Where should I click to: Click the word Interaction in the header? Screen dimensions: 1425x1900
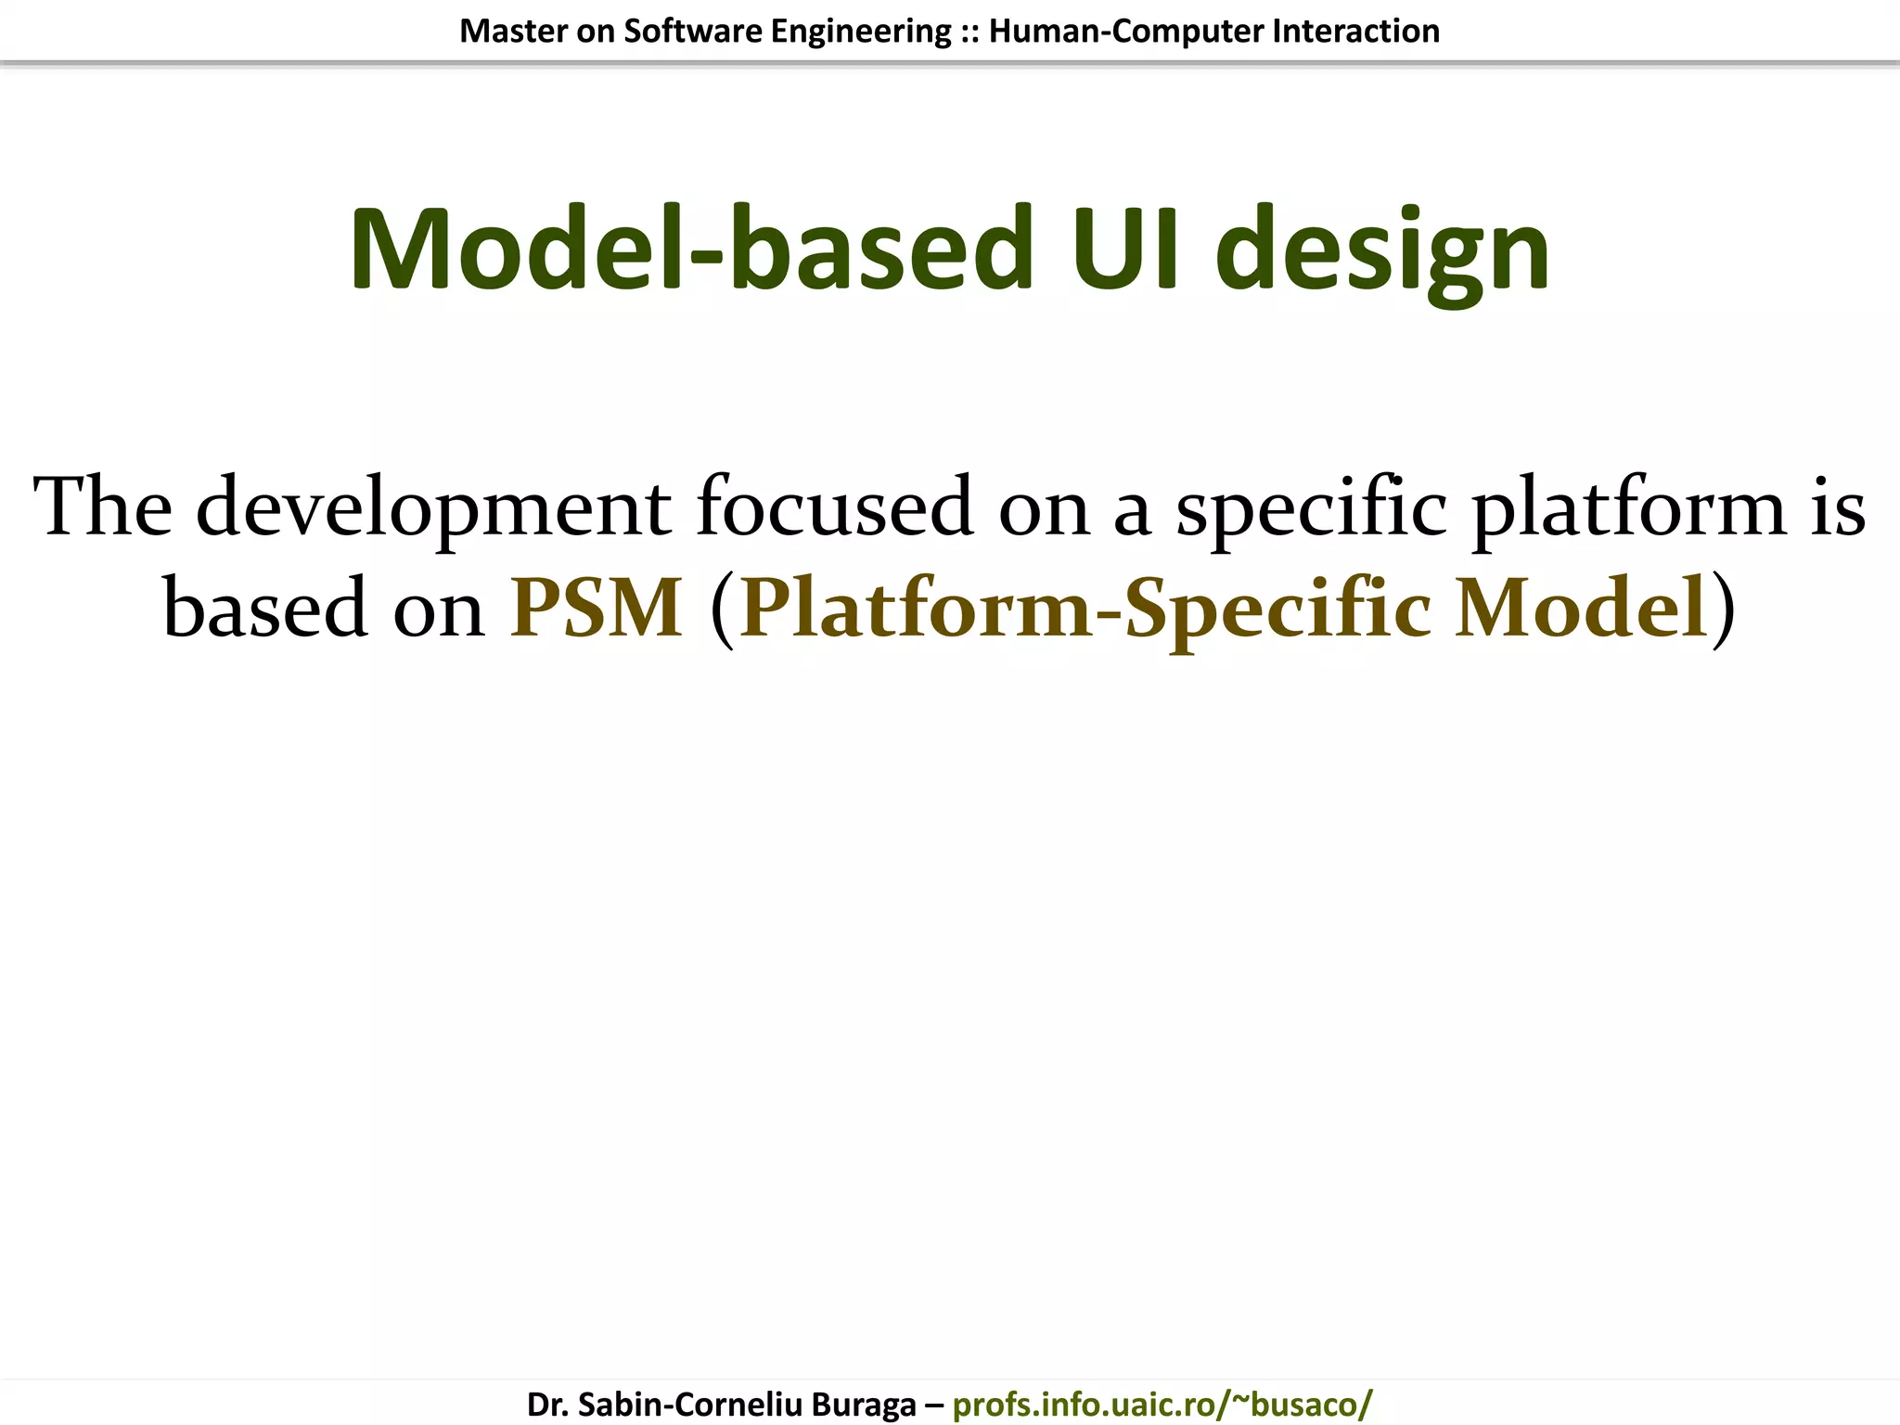tap(1355, 32)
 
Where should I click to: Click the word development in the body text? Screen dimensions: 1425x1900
tap(433, 508)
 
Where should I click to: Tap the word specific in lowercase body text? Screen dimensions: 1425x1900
tap(1311, 508)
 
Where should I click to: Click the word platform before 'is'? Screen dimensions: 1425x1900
tap(1628, 508)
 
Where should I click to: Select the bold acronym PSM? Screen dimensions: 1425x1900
tap(597, 609)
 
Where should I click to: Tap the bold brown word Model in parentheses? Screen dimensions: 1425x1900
tap(1581, 609)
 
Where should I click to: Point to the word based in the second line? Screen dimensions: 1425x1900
tap(265, 609)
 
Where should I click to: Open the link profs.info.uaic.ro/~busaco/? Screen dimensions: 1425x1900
tap(1162, 1405)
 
